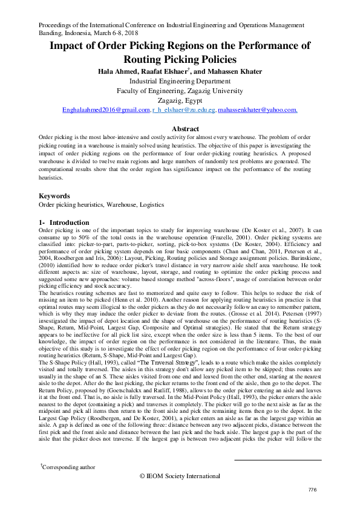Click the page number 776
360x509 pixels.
point(312,489)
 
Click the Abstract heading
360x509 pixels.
point(186,129)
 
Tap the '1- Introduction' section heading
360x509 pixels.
point(64,222)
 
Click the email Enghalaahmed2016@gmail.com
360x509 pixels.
point(106,110)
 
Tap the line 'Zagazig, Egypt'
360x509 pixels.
point(180,100)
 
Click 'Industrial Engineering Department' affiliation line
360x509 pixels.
point(180,81)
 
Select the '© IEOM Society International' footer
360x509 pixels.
point(180,475)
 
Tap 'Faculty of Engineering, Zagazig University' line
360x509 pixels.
point(180,91)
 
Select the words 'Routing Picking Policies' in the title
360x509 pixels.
point(180,59)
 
